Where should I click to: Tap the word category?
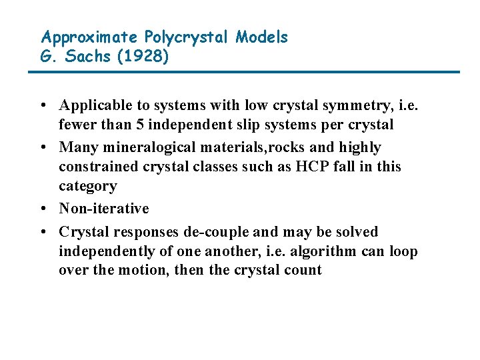pyautogui.click(x=87, y=186)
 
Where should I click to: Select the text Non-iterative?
pyautogui.click(x=104, y=209)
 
